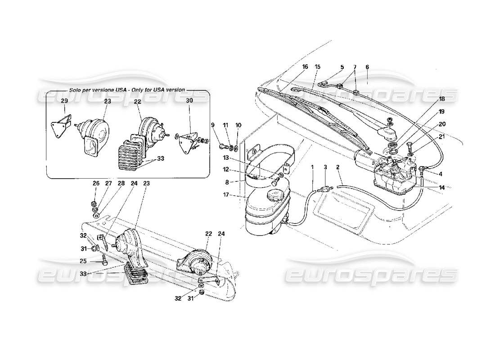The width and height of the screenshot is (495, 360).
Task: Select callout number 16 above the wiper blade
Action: point(305,67)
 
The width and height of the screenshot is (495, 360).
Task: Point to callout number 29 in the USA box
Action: point(64,101)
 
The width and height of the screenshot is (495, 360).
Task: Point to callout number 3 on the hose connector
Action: point(325,167)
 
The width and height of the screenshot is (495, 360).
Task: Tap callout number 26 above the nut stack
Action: point(96,183)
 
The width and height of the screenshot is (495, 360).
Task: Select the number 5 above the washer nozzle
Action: point(342,67)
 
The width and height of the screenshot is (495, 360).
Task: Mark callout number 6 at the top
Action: point(367,67)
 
